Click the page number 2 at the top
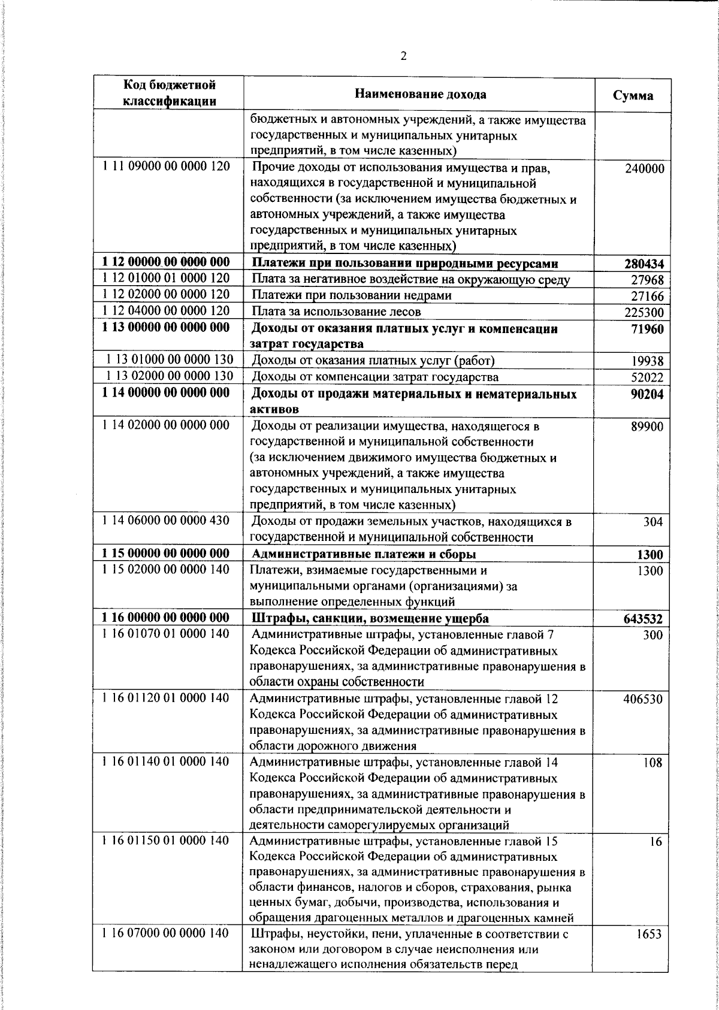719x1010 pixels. (403, 56)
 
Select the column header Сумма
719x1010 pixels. (633, 95)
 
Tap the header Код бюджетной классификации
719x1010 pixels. (169, 93)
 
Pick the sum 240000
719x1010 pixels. (644, 169)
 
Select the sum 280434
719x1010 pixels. (644, 264)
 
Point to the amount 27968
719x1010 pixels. (647, 280)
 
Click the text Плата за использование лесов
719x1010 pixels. (336, 312)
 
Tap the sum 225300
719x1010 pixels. (644, 313)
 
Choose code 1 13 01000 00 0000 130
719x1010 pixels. (170, 359)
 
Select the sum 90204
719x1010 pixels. (647, 394)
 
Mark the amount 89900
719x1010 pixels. (647, 427)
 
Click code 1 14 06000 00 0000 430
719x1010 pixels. (166, 521)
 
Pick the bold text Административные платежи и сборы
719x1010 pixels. (364, 554)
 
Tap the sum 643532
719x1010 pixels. (644, 619)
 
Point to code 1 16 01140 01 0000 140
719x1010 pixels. (166, 762)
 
